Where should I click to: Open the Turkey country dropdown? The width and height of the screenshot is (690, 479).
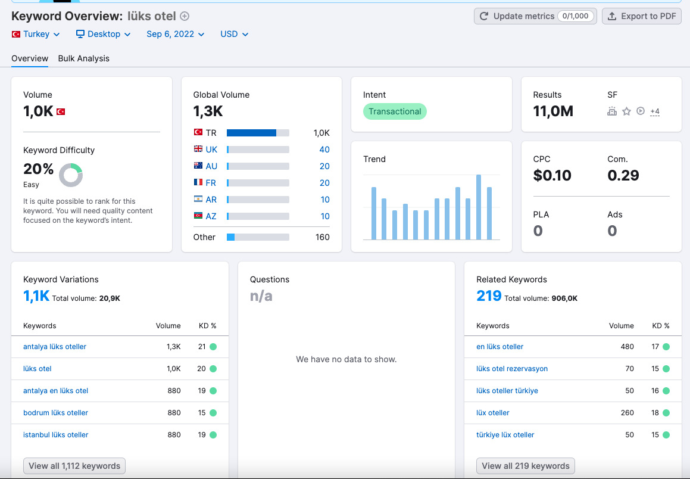pyautogui.click(x=36, y=34)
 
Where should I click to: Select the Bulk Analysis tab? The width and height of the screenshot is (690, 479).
pyautogui.click(x=83, y=58)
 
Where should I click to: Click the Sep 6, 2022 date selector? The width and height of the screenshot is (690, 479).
pyautogui.click(x=175, y=34)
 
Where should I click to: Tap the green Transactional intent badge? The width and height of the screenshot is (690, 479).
pyautogui.click(x=395, y=111)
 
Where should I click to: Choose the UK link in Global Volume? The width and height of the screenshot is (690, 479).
pyautogui.click(x=211, y=150)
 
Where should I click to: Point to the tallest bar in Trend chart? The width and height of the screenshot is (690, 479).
pyautogui.click(x=478, y=207)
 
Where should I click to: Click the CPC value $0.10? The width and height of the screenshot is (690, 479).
pyautogui.click(x=552, y=175)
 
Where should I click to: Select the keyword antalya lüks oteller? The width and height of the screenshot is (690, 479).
pyautogui.click(x=55, y=347)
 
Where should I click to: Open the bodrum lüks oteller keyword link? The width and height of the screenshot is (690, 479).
pyautogui.click(x=55, y=412)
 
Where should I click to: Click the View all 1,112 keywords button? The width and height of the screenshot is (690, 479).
pyautogui.click(x=74, y=466)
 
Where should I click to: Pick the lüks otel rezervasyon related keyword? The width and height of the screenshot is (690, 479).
pyautogui.click(x=512, y=369)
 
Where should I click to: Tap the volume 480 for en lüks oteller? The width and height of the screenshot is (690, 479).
pyautogui.click(x=627, y=347)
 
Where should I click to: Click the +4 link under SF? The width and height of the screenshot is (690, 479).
pyautogui.click(x=655, y=111)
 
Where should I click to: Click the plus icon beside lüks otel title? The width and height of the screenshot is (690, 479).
pyautogui.click(x=185, y=16)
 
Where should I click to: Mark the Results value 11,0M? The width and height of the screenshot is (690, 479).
pyautogui.click(x=553, y=111)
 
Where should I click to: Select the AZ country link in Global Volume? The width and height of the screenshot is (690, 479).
pyautogui.click(x=211, y=216)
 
